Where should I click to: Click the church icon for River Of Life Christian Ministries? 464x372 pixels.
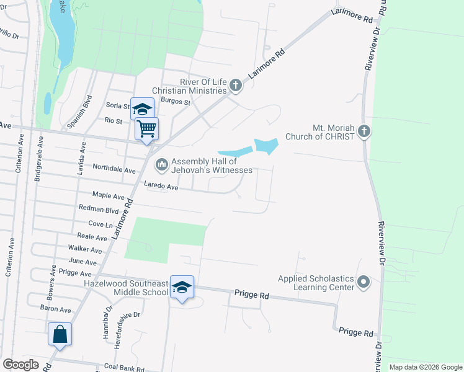pos(235,84)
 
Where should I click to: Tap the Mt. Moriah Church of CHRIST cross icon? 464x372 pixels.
pos(364,131)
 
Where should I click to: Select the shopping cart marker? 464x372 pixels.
pos(147,129)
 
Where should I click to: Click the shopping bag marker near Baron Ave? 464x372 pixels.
pos(60,334)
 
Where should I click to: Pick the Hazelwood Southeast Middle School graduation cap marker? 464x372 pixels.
pos(182,287)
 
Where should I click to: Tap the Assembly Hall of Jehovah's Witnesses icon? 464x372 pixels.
pos(162,164)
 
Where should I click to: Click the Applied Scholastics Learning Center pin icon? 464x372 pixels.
pos(364,283)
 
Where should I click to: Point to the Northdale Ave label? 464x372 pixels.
pos(114,169)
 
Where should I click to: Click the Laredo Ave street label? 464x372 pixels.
pos(161,186)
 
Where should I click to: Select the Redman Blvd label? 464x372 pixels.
pos(98,210)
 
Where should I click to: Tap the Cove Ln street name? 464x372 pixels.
pos(100,224)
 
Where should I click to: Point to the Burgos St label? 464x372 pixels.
pos(175,100)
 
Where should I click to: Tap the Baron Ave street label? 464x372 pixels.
pos(56,309)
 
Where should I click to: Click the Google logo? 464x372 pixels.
pos(20,365)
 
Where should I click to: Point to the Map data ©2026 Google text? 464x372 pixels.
pos(425,367)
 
